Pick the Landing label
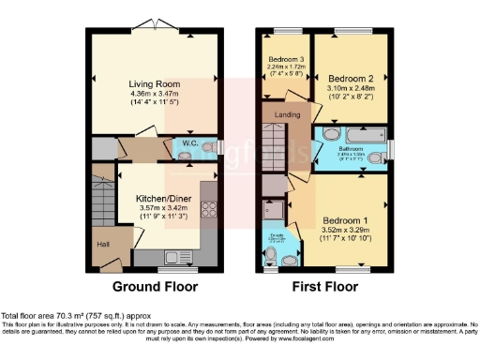click(x=288, y=114)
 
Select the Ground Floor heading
click(x=151, y=286)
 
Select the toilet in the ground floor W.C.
click(x=209, y=146)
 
